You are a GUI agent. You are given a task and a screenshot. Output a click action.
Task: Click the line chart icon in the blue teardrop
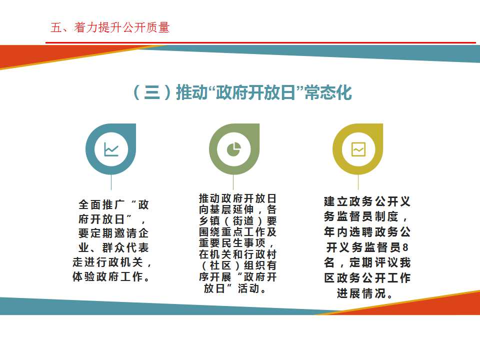click(111, 149)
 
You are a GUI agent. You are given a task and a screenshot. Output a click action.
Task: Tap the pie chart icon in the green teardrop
click(234, 149)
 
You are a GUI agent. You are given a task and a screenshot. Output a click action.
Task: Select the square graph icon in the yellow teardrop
click(358, 149)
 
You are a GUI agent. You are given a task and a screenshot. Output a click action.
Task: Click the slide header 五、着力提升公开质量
click(110, 27)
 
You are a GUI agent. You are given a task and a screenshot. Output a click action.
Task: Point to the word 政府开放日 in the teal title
click(255, 92)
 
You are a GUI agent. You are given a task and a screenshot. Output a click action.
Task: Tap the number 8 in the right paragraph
click(405, 247)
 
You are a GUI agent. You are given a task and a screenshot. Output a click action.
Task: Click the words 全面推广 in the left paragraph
click(101, 205)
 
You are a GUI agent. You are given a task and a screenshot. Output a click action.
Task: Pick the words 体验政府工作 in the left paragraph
click(107, 276)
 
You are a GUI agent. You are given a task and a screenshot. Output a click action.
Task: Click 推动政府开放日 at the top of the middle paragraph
click(237, 198)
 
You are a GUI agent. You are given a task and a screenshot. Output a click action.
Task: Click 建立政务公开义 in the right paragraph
click(367, 201)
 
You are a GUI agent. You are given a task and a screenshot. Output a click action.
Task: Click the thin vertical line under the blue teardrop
click(111, 182)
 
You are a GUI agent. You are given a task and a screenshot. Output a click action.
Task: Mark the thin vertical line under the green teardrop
click(233, 182)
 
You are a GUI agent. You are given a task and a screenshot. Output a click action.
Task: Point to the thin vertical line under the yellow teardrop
click(358, 182)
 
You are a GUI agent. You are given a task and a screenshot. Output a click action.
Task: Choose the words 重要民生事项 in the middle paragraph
click(232, 243)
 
